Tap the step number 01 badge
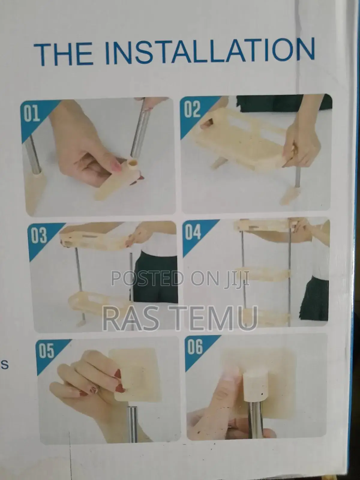coord(32,114)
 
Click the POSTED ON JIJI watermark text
coord(180,278)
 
